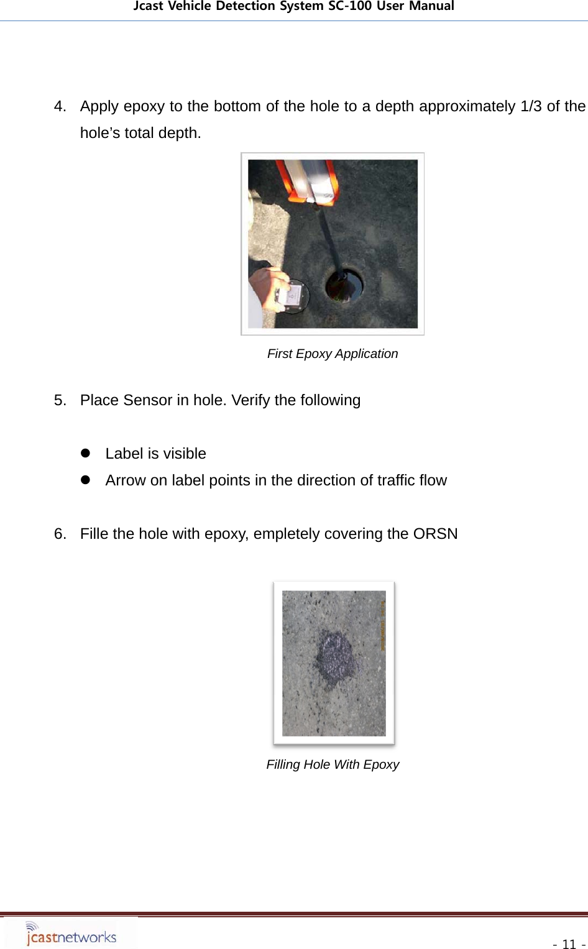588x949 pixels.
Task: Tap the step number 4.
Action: coord(60,106)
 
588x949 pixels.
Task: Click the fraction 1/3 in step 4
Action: coord(531,106)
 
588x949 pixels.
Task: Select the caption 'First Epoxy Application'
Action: coord(332,354)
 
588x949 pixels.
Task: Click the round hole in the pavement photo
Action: coord(344,285)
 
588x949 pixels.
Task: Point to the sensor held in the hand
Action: coord(290,295)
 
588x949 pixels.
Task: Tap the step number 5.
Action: coord(60,400)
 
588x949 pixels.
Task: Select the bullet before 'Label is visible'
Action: coord(86,454)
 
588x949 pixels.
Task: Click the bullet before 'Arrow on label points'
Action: coord(86,480)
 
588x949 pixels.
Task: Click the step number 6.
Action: coord(60,534)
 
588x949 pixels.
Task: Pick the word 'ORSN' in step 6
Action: coord(435,534)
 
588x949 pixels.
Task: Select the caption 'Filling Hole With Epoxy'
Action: coord(332,764)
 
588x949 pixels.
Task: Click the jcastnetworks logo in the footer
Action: coord(71,933)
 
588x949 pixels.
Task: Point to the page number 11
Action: coord(568,944)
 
